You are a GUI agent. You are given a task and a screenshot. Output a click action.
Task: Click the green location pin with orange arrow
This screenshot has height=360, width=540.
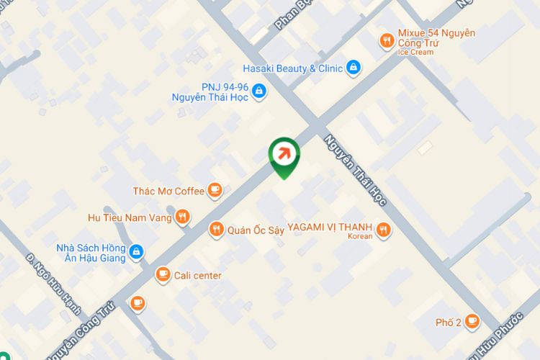pyautogui.click(x=284, y=154)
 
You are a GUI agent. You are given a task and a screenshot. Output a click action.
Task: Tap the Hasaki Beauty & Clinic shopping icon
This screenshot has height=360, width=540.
pyautogui.click(x=353, y=68)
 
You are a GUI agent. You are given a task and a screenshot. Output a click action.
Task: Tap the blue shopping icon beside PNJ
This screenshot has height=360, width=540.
pyautogui.click(x=260, y=91)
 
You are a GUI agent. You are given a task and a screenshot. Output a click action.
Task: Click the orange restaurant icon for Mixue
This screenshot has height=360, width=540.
pyautogui.click(x=387, y=41)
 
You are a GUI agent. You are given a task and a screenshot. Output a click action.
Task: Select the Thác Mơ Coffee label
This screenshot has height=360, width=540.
pyautogui.click(x=168, y=191)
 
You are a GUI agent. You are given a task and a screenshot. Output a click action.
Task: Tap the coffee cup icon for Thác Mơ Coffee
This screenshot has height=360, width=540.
pyautogui.click(x=214, y=190)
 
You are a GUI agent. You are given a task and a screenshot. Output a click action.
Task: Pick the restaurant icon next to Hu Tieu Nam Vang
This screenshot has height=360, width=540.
pyautogui.click(x=183, y=216)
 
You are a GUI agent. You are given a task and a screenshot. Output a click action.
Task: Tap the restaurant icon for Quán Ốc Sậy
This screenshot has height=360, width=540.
pyautogui.click(x=215, y=230)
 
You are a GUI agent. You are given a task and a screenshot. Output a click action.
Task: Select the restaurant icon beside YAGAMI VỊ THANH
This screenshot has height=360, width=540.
pyautogui.click(x=384, y=230)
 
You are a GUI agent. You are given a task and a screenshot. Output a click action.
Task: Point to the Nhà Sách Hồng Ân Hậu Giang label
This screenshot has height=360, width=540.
pyautogui.click(x=90, y=253)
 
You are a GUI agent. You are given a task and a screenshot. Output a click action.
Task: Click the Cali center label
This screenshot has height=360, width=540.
pyautogui.click(x=197, y=275)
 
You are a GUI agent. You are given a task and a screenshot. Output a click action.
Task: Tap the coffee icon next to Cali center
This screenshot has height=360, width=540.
pyautogui.click(x=163, y=275)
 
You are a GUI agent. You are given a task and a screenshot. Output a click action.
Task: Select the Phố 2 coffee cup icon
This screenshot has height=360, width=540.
pyautogui.click(x=472, y=321)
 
